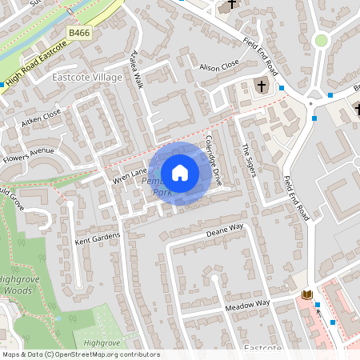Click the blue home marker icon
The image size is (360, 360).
tap(180, 173)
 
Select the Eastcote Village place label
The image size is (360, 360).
tap(86, 77)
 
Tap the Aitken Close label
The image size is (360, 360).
tap(41, 118)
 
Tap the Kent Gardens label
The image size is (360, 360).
tap(97, 238)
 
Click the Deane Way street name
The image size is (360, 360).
tap(224, 230)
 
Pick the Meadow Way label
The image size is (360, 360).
tap(247, 305)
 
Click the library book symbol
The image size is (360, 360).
tap(306, 295)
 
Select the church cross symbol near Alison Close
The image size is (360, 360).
tap(261, 85)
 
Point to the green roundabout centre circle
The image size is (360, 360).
tap(321, 40)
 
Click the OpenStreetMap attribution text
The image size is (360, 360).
tap(80, 354)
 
